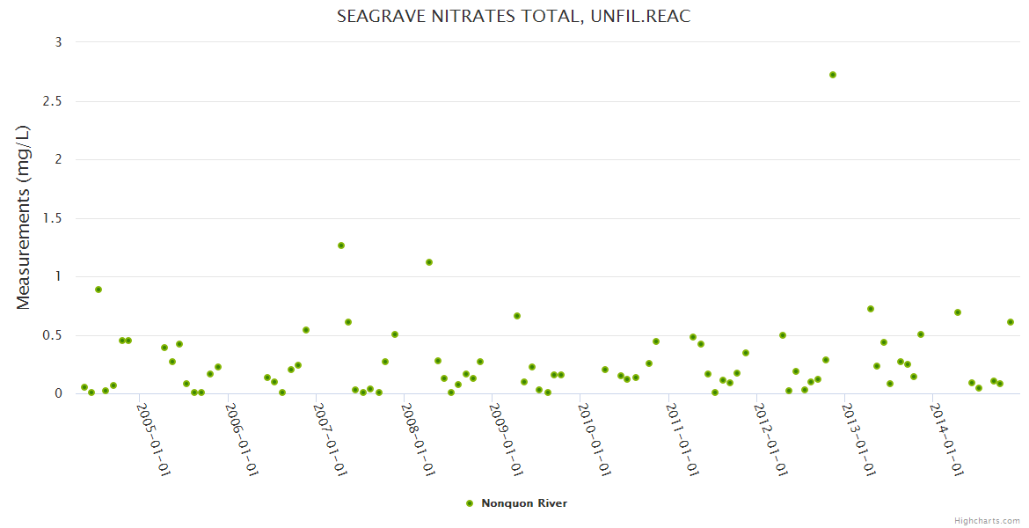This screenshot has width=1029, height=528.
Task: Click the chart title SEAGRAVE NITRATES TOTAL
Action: [514, 17]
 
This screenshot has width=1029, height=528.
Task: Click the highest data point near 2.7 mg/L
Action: [833, 75]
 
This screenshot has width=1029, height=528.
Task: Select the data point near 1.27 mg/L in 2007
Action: [341, 246]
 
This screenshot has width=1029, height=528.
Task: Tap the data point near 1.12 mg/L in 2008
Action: [429, 262]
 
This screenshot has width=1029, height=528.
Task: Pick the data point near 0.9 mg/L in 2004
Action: [99, 290]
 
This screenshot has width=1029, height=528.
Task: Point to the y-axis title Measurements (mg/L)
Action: [24, 217]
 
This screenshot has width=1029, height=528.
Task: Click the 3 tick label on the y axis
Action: [58, 42]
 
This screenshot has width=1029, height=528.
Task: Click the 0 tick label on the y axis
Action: [58, 393]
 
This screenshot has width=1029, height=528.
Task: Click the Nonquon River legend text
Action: [524, 503]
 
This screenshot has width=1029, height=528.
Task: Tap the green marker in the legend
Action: [470, 503]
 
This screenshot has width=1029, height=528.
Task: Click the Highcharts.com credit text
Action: [988, 521]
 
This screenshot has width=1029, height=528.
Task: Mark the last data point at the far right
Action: [1011, 322]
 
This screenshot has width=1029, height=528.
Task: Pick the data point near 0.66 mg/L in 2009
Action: [517, 316]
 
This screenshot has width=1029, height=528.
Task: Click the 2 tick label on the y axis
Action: [58, 159]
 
